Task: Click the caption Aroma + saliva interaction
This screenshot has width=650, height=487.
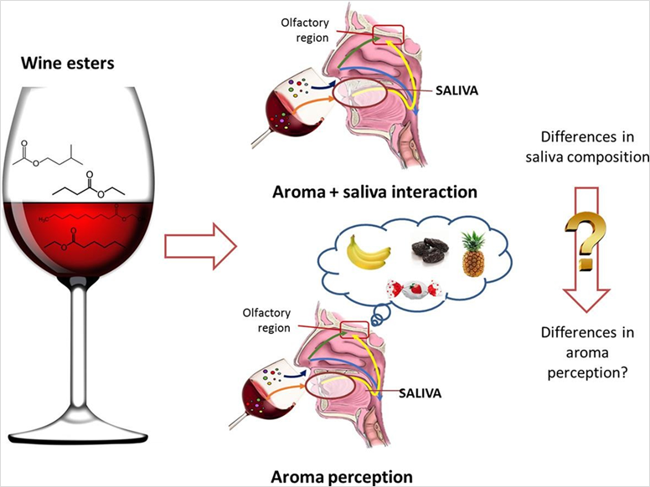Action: tap(374, 192)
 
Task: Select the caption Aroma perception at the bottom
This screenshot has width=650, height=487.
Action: tap(341, 477)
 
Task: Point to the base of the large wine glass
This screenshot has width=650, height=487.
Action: tap(83, 436)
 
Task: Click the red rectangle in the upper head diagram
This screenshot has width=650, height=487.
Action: tap(389, 35)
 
